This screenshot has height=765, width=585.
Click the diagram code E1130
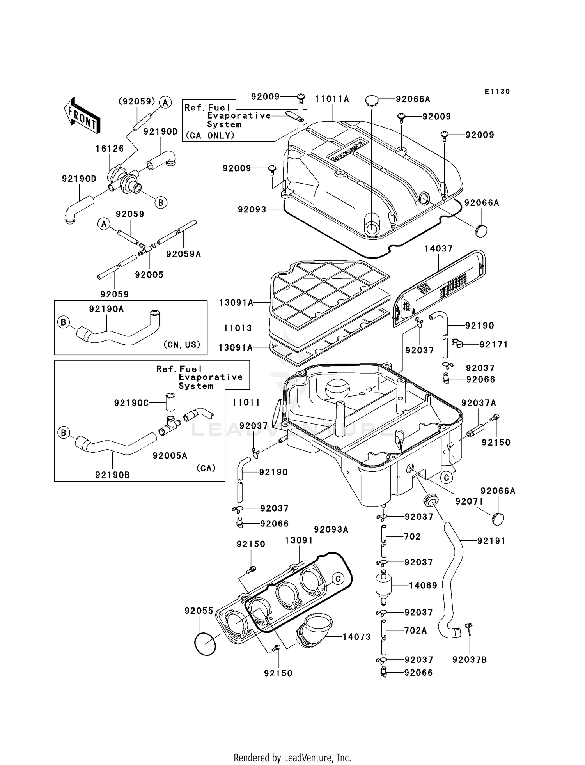pos(497,92)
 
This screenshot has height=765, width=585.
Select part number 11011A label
pos(332,99)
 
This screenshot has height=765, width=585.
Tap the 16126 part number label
pos(110,149)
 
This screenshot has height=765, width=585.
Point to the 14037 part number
pos(438,249)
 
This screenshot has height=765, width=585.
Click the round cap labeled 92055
pos(205,644)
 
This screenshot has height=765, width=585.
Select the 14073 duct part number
pos(356,637)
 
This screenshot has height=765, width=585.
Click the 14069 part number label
pos(423,585)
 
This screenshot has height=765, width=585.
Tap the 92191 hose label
pos(491,541)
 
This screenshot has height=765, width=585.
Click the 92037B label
pos(470,660)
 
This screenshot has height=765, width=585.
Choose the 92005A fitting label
pos(170,455)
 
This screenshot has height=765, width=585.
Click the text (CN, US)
pos(182,344)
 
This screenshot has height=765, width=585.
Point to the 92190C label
pos(131,403)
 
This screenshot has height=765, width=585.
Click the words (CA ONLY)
pos(210,135)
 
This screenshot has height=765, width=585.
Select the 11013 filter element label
pos(238,328)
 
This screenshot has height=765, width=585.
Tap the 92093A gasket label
pos(331,529)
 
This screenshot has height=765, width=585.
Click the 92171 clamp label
pos(494,344)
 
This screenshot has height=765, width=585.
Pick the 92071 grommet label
pos(469,501)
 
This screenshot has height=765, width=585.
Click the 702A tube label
pos(415,630)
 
